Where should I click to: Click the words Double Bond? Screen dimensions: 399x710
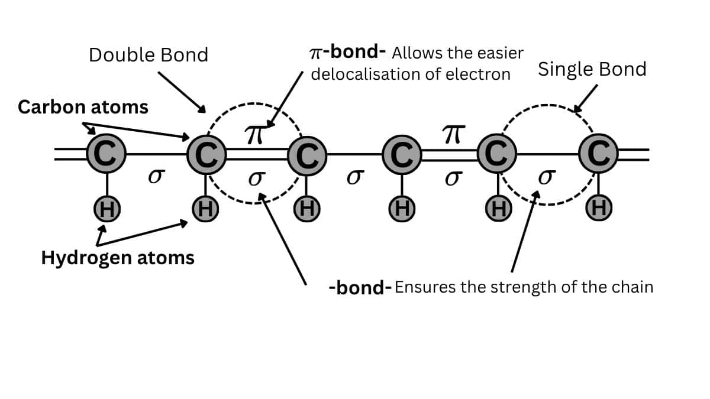tap(149, 55)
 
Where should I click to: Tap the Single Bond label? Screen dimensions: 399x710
tap(592, 69)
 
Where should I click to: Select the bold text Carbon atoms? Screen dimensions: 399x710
tap(83, 107)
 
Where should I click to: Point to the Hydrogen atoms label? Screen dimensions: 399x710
tap(118, 258)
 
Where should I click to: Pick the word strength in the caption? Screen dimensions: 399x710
tap(523, 288)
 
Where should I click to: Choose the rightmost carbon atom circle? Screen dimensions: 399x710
tap(599, 155)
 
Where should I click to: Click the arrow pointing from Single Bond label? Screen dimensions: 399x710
tap(586, 98)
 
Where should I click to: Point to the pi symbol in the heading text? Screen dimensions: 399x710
tap(317, 53)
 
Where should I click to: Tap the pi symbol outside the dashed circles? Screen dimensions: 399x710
tap(451, 135)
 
